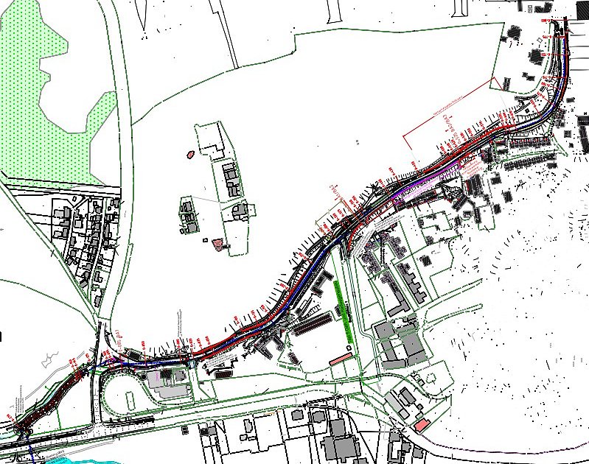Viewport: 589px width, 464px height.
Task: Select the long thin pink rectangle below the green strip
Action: (x=340, y=359)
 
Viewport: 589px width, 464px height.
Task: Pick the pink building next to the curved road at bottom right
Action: (x=420, y=426)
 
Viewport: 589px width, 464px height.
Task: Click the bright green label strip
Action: (x=342, y=309)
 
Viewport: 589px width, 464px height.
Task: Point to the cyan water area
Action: (x=74, y=458)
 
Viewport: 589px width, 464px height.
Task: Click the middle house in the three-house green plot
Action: (x=231, y=180)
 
